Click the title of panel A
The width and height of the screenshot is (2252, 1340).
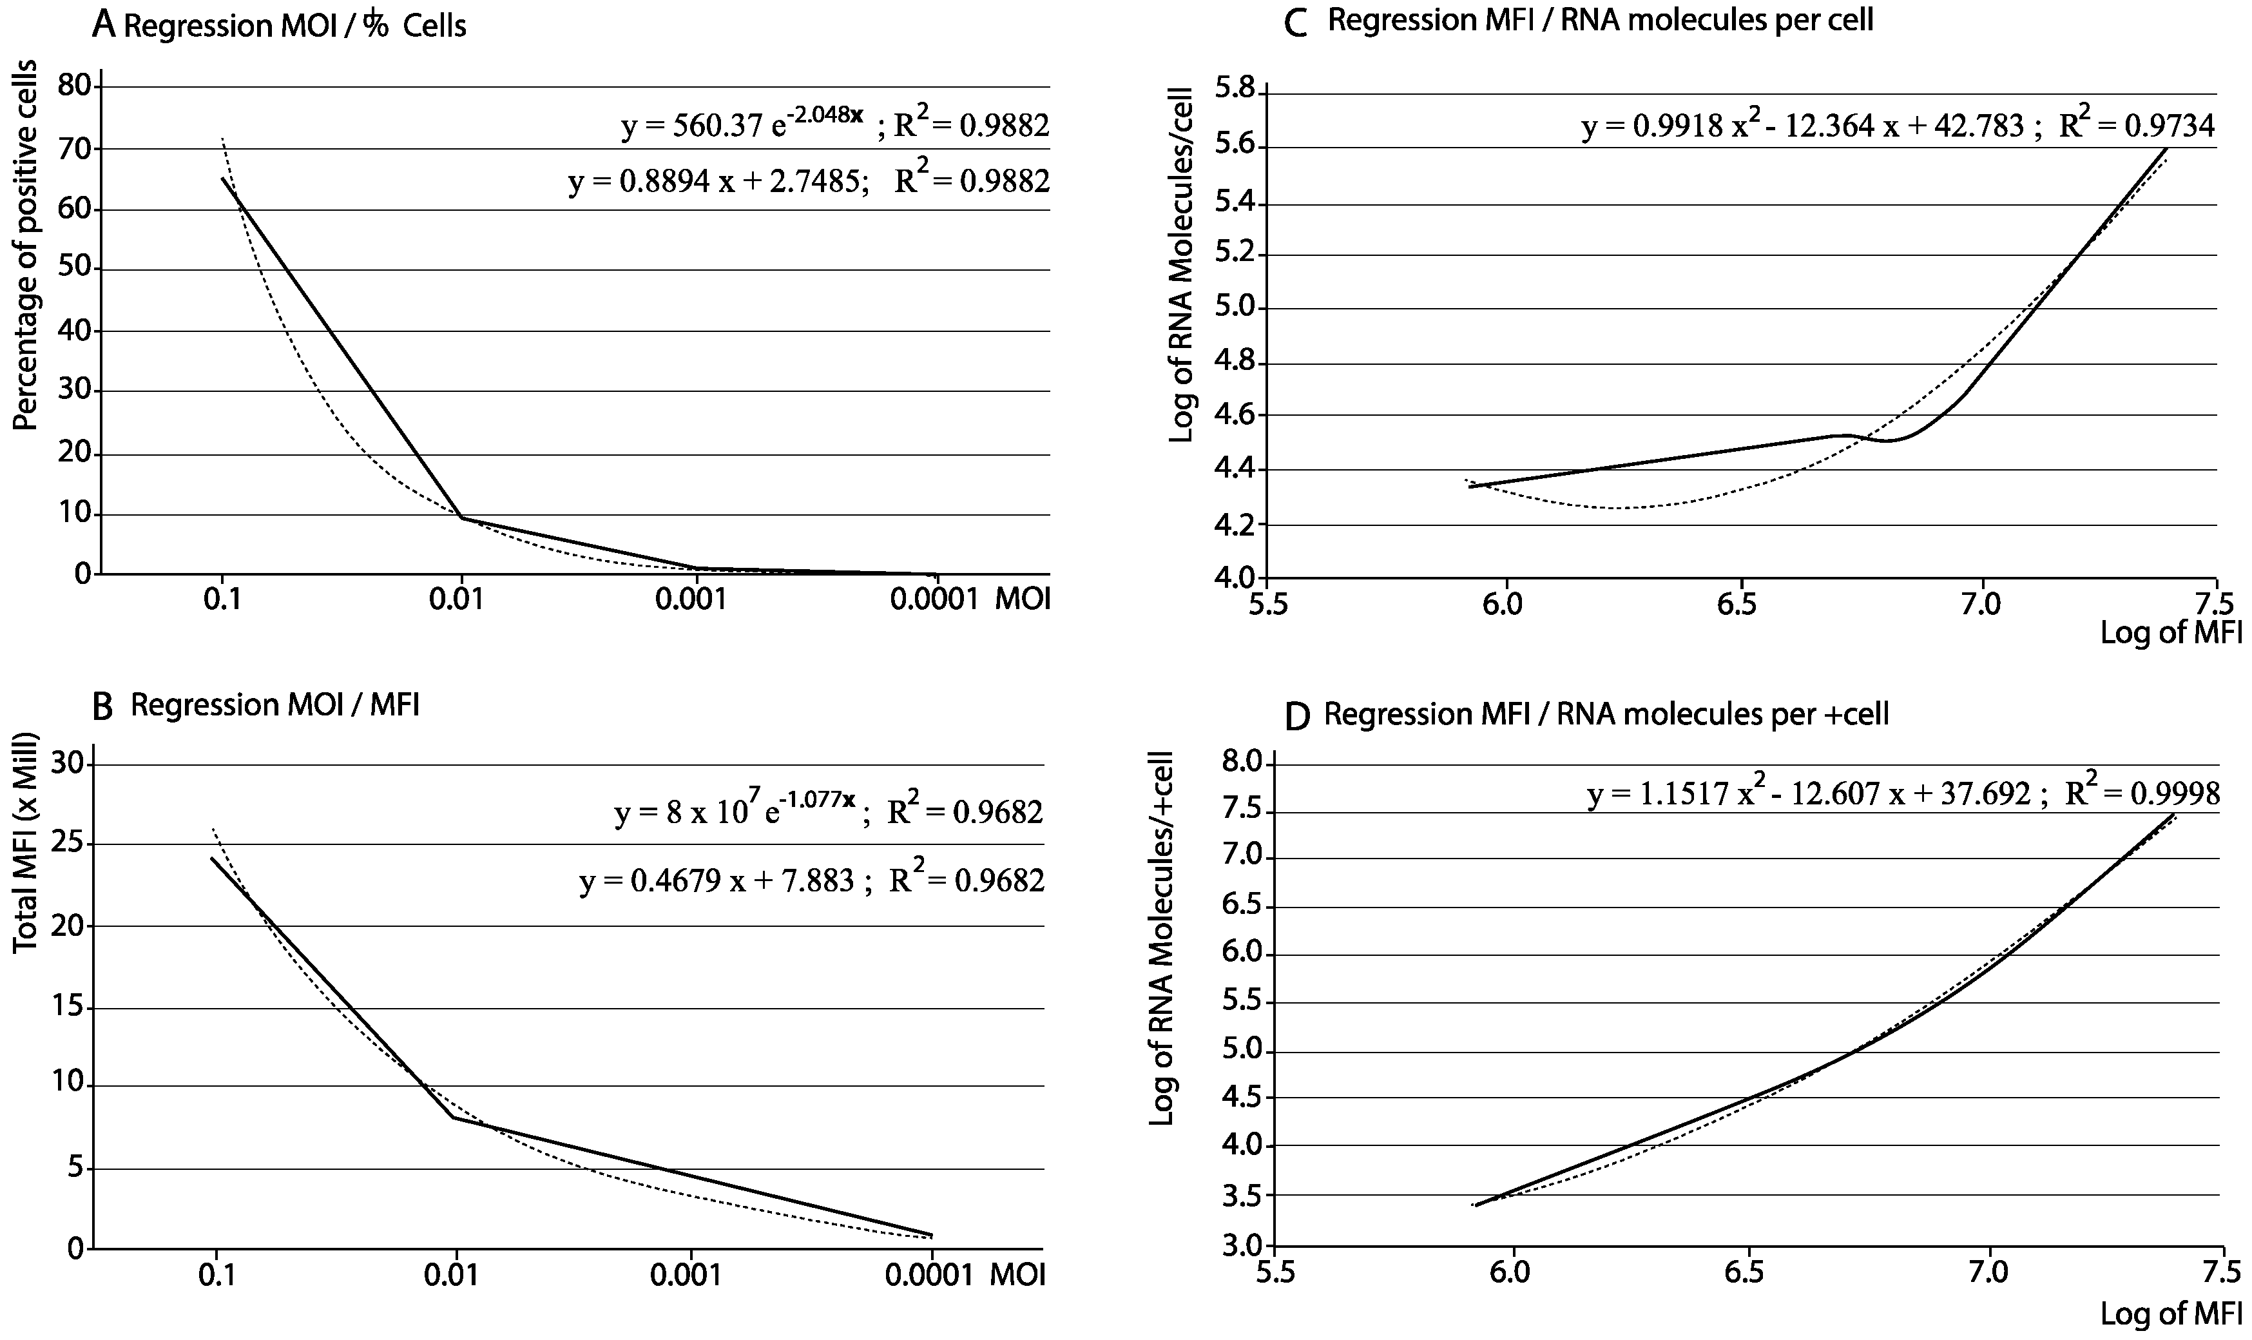tap(280, 25)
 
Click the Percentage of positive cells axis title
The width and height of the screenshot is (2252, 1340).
tap(27, 246)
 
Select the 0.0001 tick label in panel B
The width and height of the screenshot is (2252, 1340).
tap(930, 1275)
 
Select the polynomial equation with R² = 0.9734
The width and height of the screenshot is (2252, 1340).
tap(1896, 126)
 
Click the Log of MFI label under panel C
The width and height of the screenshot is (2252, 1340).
tap(2171, 632)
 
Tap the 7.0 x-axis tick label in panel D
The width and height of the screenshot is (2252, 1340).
tap(1988, 1273)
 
